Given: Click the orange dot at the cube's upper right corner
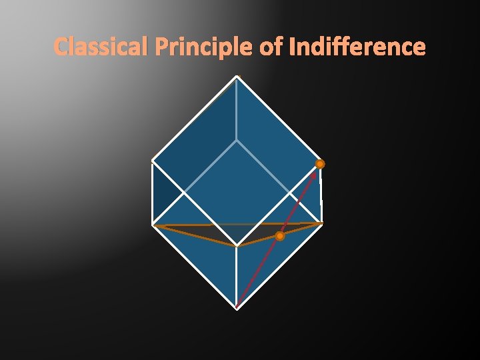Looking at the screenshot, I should point(320,164).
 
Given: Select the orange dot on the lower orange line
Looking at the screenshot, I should point(280,236).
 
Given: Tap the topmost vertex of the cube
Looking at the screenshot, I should point(237,77).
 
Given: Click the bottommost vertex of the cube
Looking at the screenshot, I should point(237,308).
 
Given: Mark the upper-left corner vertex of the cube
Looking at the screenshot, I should point(153,161).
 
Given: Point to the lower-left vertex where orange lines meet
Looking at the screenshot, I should point(153,225).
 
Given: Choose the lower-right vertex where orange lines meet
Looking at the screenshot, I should point(322,223).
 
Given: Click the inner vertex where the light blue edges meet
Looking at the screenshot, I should point(237,140).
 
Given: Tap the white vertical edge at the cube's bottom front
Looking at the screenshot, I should point(237,277).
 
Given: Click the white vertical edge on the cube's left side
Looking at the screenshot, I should point(153,193).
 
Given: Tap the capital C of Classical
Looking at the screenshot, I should point(61,47).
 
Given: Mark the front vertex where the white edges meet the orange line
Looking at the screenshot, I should point(237,247).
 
